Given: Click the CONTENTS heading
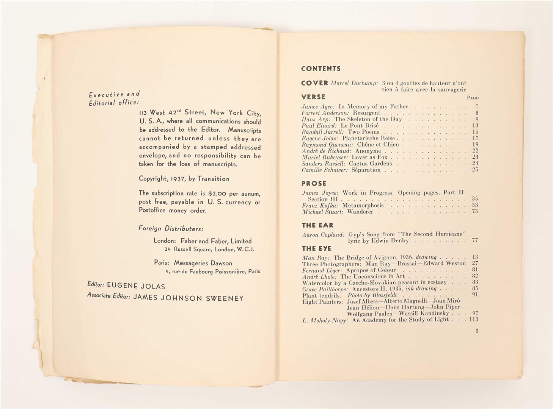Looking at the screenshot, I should point(320,69).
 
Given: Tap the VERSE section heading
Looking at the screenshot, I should point(313,97).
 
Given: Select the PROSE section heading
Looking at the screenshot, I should point(314,183).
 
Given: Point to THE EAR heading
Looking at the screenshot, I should point(317,225).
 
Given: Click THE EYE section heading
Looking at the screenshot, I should point(317,248).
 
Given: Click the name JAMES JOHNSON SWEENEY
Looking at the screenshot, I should point(188,298).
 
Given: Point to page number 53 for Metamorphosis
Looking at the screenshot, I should point(475,205).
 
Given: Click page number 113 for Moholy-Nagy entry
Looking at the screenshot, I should point(473,320).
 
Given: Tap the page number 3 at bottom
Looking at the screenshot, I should point(477,331).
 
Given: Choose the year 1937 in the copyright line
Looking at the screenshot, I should point(178,179).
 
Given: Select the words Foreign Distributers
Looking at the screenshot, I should point(171,228).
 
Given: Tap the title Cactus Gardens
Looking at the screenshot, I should point(370,164).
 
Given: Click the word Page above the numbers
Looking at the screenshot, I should point(473,98).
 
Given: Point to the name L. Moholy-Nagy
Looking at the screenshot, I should point(325,320).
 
